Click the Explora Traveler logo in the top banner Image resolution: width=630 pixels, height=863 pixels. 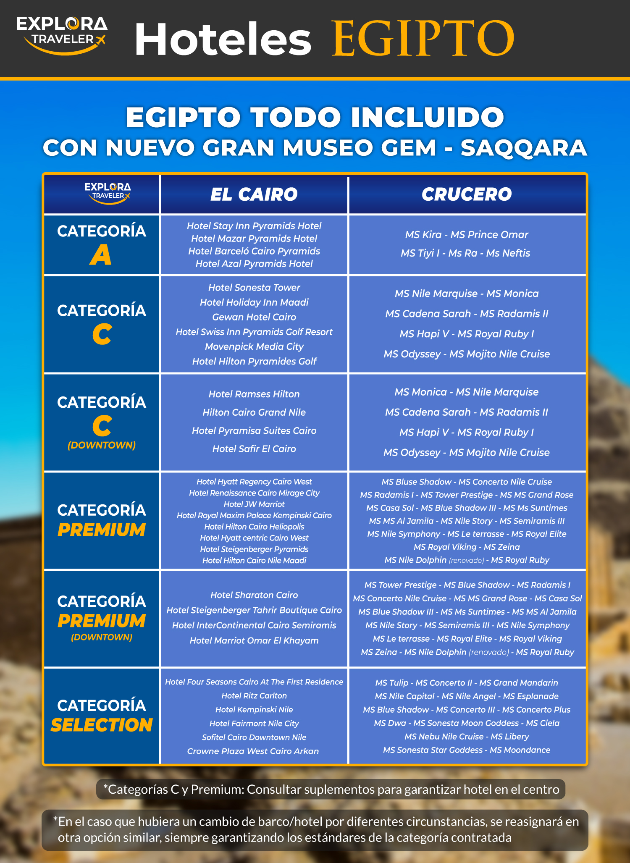(x=62, y=35)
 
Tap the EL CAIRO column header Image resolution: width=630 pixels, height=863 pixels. (x=254, y=194)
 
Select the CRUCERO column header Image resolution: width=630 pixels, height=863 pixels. (x=467, y=194)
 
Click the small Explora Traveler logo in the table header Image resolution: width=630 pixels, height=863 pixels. (x=108, y=193)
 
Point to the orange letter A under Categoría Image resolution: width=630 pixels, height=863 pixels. (x=101, y=255)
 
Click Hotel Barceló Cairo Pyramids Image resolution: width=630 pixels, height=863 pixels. (x=254, y=251)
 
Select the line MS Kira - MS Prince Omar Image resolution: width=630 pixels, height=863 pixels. (x=467, y=235)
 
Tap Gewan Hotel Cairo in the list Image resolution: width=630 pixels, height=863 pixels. (x=254, y=317)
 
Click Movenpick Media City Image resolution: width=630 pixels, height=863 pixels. (x=254, y=346)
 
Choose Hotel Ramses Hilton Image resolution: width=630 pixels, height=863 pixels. (x=254, y=394)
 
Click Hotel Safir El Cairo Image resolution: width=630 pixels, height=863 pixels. (x=254, y=449)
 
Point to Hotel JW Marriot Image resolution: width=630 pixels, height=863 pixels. (x=254, y=504)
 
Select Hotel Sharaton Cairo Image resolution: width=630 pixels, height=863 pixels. (x=254, y=595)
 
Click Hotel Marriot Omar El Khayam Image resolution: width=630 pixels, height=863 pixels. (x=254, y=641)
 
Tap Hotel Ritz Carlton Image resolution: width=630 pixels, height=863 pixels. (x=254, y=696)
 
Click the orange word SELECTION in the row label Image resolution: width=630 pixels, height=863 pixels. (x=102, y=725)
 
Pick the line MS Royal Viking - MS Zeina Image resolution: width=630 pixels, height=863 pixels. (x=467, y=547)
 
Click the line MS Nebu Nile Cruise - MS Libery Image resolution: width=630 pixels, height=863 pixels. (x=467, y=737)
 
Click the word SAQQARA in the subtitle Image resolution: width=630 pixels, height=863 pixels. (x=523, y=148)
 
